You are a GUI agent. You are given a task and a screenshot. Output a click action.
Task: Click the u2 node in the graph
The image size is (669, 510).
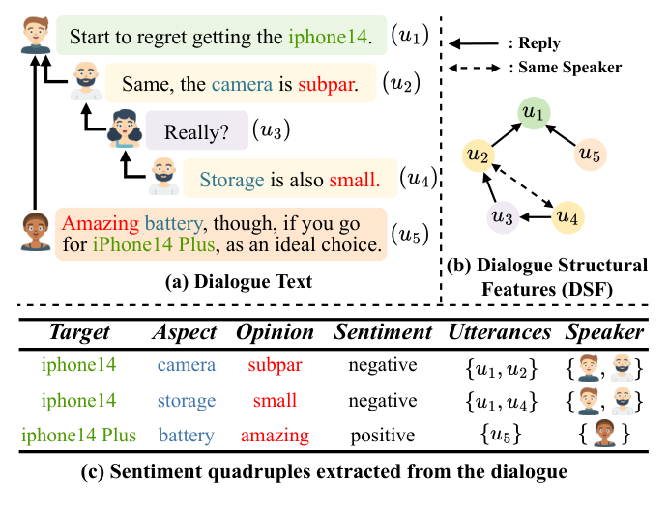click(x=476, y=154)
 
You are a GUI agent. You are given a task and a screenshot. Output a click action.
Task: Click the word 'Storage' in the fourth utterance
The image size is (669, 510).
click(x=231, y=179)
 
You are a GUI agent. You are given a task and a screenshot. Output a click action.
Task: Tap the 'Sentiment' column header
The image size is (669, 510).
click(x=383, y=332)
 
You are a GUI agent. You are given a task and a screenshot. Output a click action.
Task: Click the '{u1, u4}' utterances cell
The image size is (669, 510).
click(x=493, y=401)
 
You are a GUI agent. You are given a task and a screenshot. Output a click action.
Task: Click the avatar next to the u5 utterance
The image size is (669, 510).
click(x=36, y=232)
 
